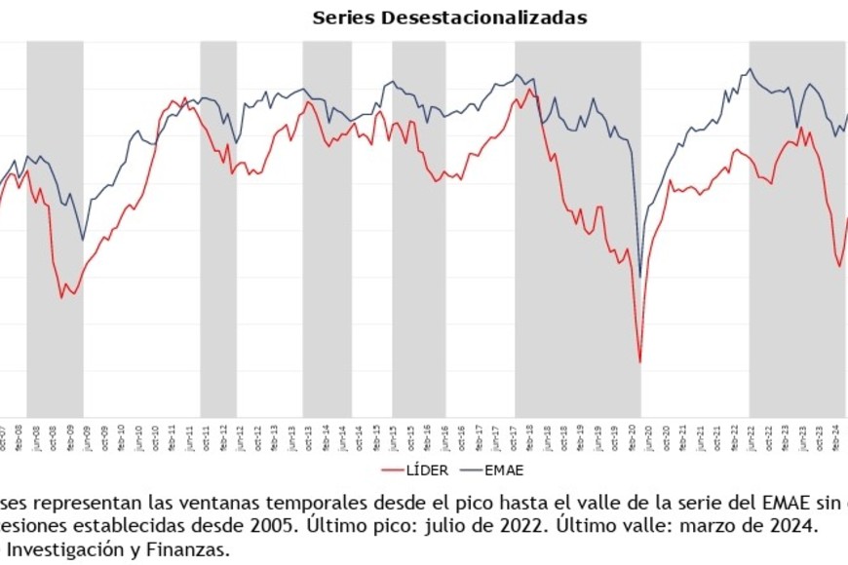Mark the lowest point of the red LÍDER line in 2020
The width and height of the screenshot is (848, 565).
640,362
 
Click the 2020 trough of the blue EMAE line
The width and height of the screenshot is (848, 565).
640,277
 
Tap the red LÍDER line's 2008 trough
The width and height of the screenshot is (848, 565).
61,297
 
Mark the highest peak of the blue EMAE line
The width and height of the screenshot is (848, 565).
750,68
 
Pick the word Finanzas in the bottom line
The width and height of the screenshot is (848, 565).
194,549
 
